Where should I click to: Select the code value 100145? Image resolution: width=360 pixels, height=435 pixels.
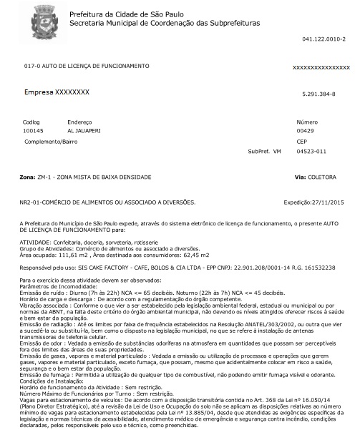34,131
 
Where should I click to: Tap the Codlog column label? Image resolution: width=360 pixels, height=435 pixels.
33,122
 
